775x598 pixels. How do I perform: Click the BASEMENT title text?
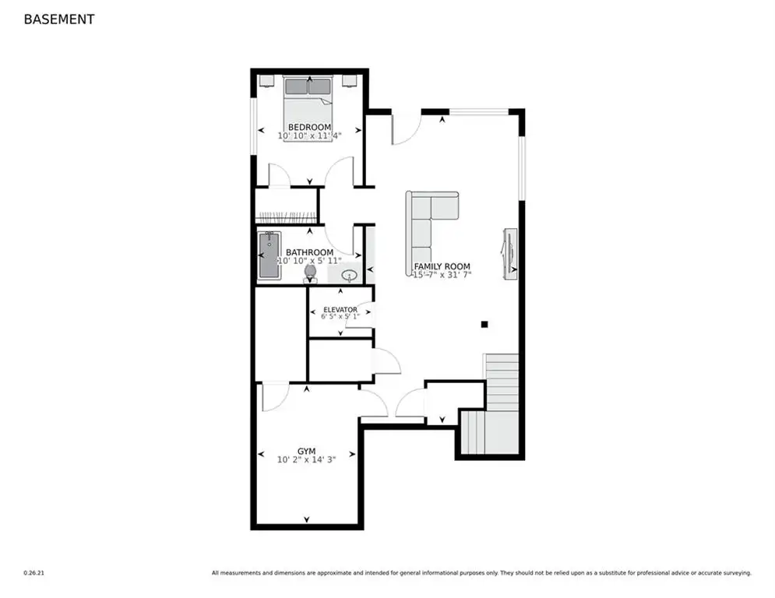[x=59, y=19]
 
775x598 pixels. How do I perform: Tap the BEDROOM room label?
[x=309, y=127]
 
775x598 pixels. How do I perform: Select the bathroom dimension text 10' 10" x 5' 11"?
[x=309, y=260]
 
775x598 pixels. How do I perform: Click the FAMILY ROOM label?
[x=442, y=266]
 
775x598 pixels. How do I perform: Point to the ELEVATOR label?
[x=340, y=310]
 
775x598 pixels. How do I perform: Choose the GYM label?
[x=306, y=451]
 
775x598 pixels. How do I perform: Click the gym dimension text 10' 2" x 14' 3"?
[x=306, y=459]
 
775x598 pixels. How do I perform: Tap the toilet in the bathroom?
[x=310, y=274]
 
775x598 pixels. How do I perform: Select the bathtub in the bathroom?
[x=269, y=255]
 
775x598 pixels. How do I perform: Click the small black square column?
[x=484, y=324]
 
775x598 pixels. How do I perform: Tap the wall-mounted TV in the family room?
[x=510, y=254]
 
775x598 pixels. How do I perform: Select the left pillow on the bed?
[x=297, y=86]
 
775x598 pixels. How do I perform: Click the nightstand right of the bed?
[x=350, y=80]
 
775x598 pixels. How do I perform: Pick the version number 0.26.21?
[x=34, y=573]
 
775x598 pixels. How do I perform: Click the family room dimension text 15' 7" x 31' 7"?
[x=442, y=275]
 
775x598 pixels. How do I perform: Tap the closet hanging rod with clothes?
[x=287, y=217]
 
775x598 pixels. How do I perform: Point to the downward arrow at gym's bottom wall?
[x=306, y=519]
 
